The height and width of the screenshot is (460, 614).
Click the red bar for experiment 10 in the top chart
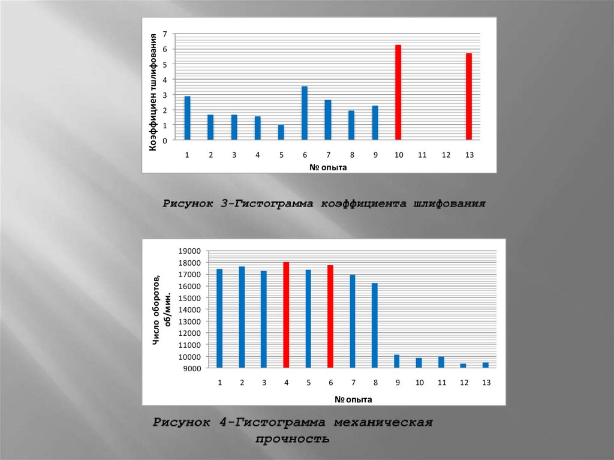pyautogui.click(x=398, y=92)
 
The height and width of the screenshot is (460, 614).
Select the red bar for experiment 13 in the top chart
pyautogui.click(x=469, y=96)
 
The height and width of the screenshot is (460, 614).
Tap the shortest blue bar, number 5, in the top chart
pyautogui.click(x=281, y=132)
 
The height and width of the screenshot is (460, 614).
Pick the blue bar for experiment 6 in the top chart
pyautogui.click(x=305, y=113)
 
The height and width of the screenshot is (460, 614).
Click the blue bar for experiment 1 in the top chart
pyautogui.click(x=187, y=118)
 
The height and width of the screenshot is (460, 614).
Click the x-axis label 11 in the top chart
pyautogui.click(x=422, y=155)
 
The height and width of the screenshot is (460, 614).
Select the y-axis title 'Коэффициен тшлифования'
pyautogui.click(x=153, y=91)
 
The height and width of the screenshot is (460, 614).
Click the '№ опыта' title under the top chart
pyautogui.click(x=328, y=167)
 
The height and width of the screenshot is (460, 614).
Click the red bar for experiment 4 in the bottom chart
pyautogui.click(x=286, y=315)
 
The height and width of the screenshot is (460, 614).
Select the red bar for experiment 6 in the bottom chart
pyautogui.click(x=330, y=316)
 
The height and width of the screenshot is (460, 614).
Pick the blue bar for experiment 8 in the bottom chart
pyautogui.click(x=375, y=325)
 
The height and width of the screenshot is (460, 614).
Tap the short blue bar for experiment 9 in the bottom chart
pyautogui.click(x=397, y=361)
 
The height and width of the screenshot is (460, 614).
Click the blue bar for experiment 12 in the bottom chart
pyautogui.click(x=463, y=365)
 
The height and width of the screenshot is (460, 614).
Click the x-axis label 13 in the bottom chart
pyautogui.click(x=486, y=383)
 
